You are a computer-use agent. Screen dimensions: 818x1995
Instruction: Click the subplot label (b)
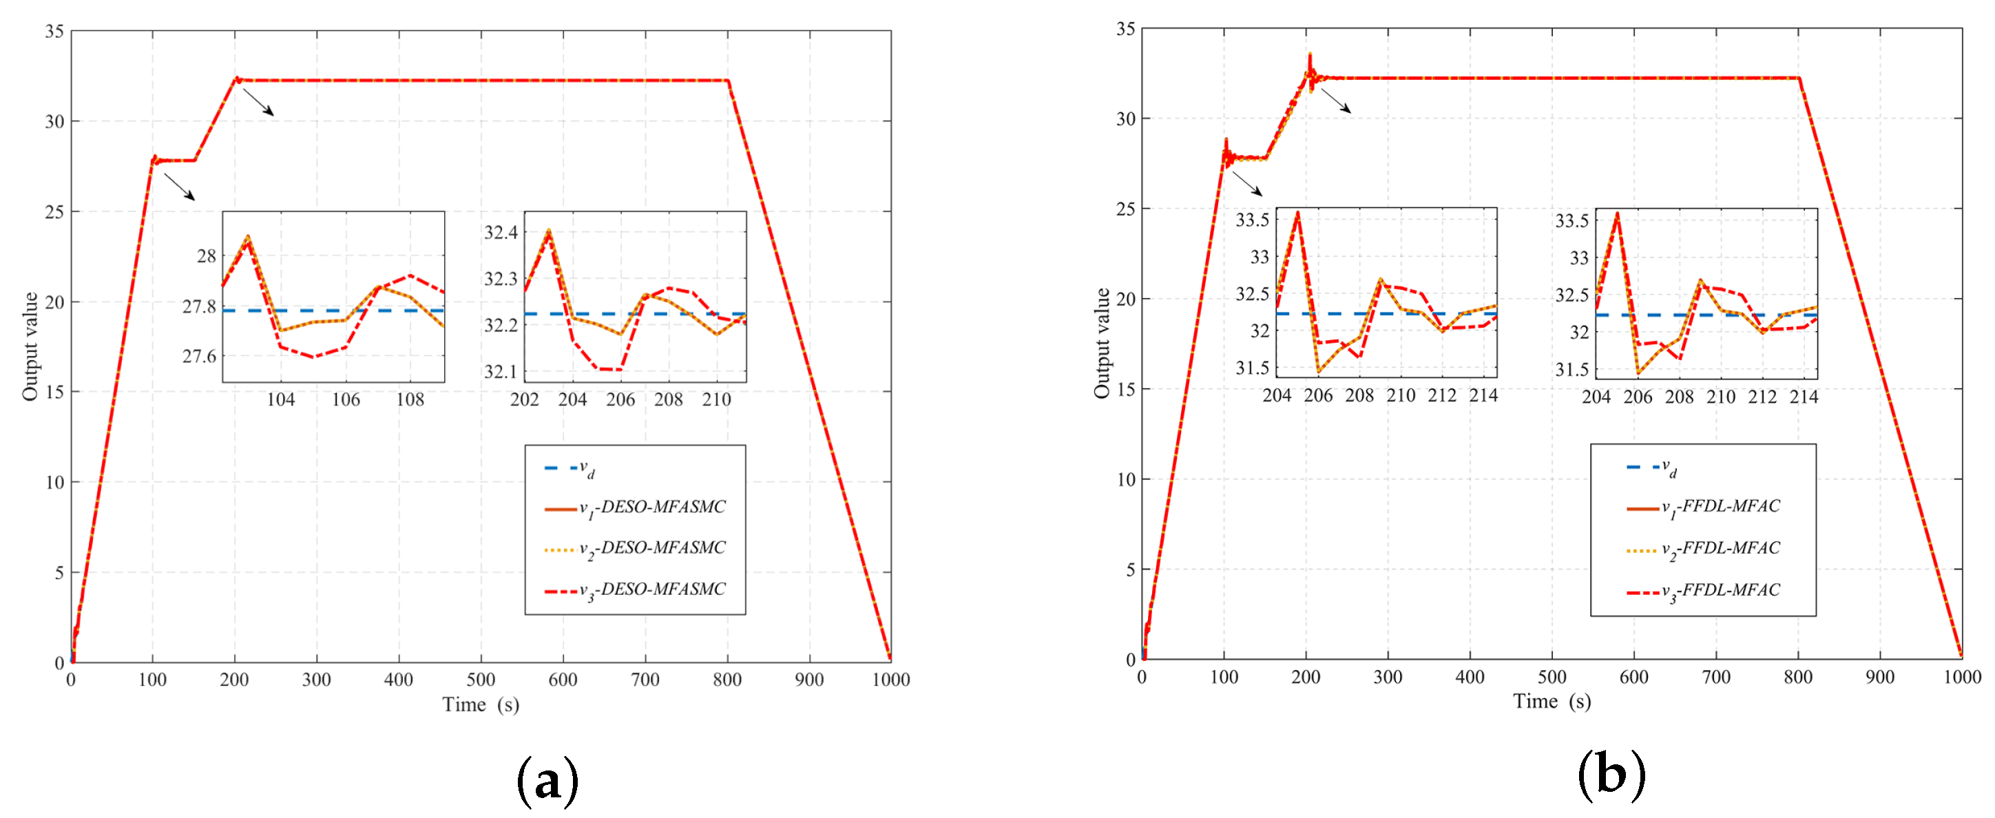click(x=1611, y=775)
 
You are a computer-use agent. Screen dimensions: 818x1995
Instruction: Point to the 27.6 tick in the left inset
click(x=200, y=357)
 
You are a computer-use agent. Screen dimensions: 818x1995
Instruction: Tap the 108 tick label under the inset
click(x=410, y=399)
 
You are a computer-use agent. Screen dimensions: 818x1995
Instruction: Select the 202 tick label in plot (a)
click(x=524, y=399)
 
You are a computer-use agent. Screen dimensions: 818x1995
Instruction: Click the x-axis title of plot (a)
click(x=480, y=704)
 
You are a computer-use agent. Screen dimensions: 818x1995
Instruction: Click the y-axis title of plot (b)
click(x=1101, y=343)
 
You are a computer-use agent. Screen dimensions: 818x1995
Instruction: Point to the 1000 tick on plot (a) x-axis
click(x=890, y=680)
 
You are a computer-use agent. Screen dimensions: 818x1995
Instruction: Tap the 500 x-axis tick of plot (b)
click(x=1552, y=677)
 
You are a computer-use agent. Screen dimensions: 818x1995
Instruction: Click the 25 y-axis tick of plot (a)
click(x=54, y=211)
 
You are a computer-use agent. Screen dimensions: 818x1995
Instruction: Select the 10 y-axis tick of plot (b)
click(x=1126, y=479)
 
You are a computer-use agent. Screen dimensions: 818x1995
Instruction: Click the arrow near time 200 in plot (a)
click(x=258, y=101)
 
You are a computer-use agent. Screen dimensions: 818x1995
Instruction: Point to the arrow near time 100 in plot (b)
click(x=1247, y=184)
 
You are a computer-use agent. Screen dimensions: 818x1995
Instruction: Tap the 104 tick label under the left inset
click(x=280, y=399)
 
